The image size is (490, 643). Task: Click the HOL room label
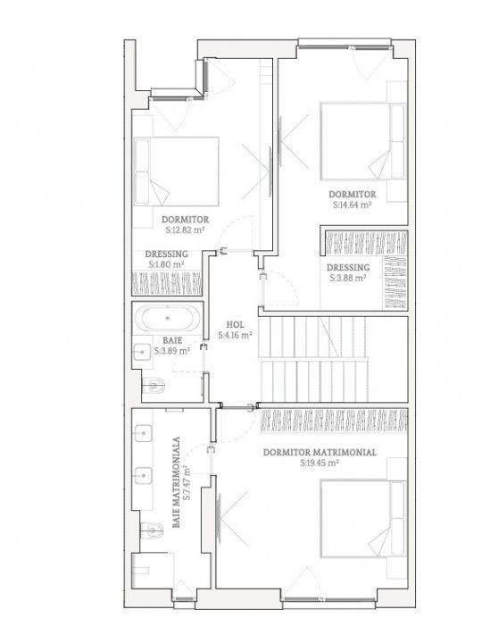235,325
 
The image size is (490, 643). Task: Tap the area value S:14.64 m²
352,205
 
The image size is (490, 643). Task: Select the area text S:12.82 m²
185,230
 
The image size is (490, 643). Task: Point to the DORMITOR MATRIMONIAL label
320,452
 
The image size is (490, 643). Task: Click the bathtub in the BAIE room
168,318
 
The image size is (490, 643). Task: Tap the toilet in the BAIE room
154,386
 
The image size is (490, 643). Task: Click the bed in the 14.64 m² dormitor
363,141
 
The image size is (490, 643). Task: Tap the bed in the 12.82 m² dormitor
176,171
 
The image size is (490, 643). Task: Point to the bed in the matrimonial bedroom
363,519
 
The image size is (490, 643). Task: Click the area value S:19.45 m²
320,463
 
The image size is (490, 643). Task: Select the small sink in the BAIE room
142,352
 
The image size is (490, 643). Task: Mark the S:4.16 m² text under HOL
235,335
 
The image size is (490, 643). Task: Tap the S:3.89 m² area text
172,351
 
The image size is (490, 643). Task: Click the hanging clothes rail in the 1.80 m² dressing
167,282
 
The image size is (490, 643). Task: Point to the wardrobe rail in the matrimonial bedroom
334,420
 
